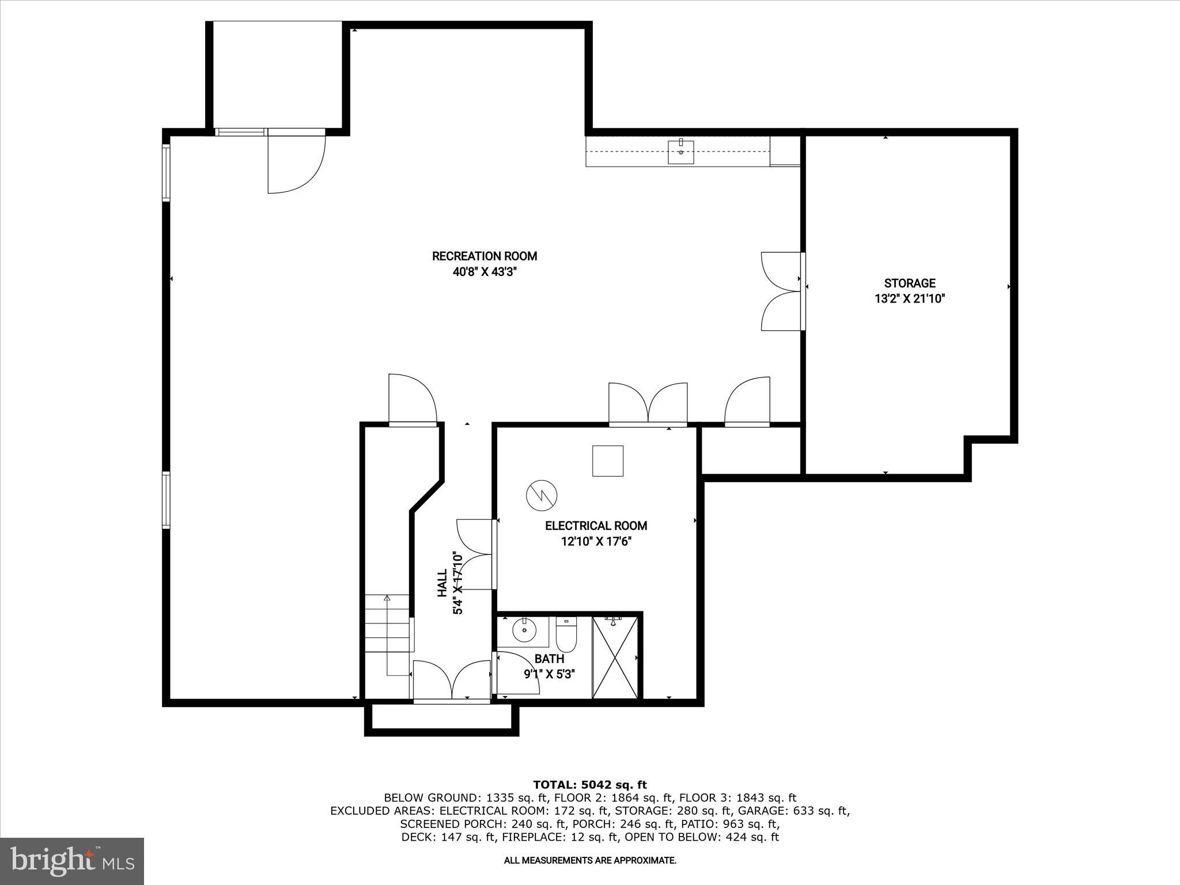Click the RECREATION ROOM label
484,256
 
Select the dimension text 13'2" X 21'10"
910,298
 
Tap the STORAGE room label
910,283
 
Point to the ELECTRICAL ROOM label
596,525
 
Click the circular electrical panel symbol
542,495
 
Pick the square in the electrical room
608,461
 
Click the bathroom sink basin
524,630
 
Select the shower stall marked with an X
615,657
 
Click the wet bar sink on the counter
680,152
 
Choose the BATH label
549,659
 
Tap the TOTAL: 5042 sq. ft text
590,785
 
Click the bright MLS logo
72,861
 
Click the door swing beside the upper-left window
296,164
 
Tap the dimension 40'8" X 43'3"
484,271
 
